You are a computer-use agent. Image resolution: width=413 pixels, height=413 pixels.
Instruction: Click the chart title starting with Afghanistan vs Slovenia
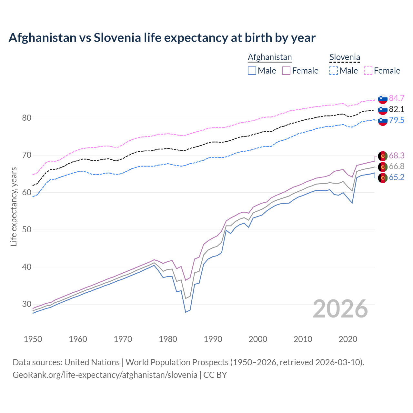162,38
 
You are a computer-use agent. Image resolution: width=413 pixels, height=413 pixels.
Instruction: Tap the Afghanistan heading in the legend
270,57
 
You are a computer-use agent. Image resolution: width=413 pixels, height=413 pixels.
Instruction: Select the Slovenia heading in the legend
345,57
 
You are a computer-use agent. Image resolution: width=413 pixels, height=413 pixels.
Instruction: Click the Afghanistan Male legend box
252,71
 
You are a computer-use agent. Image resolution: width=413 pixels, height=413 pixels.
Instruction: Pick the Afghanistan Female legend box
287,71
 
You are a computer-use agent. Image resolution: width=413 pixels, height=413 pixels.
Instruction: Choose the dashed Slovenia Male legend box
334,71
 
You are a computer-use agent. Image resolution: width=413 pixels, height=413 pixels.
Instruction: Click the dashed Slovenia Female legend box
368,71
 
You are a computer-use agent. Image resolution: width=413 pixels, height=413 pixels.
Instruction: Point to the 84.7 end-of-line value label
397,98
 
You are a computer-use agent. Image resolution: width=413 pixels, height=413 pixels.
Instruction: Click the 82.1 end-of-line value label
397,109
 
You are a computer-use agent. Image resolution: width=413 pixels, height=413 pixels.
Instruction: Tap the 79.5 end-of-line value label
397,120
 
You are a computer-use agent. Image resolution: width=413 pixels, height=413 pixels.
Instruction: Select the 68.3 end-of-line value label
397,156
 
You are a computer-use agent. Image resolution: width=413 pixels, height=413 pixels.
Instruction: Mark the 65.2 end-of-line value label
397,177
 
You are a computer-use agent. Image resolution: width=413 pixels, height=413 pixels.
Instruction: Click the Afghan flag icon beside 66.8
383,167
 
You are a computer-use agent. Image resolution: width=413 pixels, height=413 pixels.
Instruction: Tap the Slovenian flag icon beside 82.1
383,110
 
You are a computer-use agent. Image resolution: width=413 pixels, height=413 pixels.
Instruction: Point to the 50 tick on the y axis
27,230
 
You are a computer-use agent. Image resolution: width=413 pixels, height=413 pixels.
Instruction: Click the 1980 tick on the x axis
168,339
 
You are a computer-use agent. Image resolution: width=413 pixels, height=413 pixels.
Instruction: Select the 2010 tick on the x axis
303,339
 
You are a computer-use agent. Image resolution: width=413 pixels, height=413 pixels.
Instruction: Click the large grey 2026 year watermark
340,309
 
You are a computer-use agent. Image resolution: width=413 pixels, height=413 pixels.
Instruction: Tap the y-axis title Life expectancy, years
14,206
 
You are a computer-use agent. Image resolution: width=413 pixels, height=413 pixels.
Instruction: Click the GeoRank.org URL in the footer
105,375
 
